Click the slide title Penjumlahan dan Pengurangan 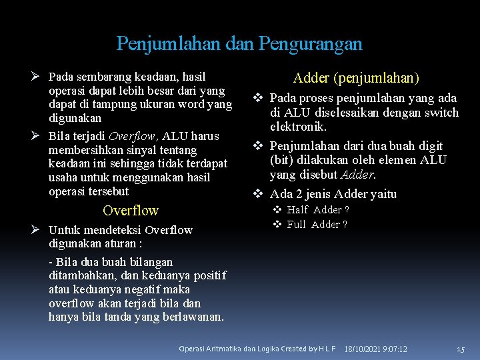point(239,44)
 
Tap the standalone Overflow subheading point(131,211)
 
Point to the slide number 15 point(460,349)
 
